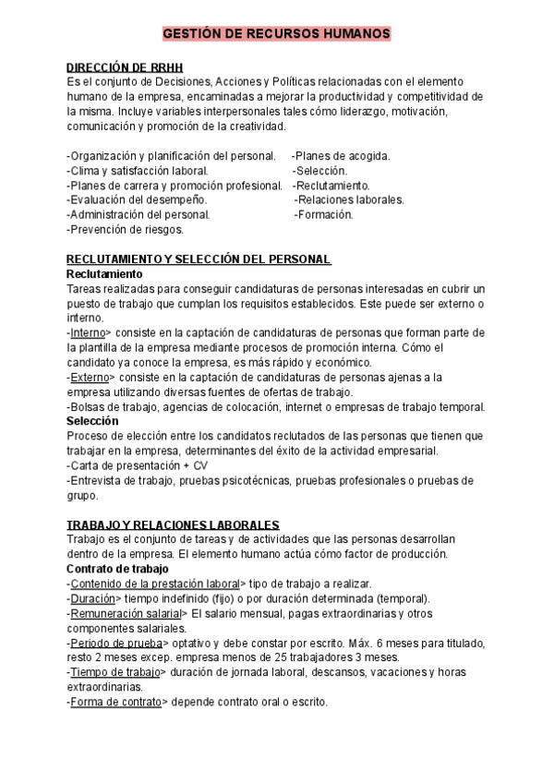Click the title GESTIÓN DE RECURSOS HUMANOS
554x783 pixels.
(x=276, y=34)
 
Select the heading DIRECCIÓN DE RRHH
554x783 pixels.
(x=126, y=67)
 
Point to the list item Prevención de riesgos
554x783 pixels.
(x=126, y=229)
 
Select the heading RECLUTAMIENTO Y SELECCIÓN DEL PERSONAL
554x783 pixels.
(x=199, y=259)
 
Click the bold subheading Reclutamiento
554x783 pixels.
(x=105, y=274)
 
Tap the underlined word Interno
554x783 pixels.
(x=89, y=332)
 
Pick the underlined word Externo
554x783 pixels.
(x=90, y=377)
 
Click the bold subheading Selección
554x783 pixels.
(x=92, y=421)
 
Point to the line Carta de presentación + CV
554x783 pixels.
(x=138, y=465)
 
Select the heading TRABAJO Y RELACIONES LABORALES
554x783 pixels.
(x=174, y=524)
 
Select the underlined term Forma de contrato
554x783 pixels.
(x=116, y=702)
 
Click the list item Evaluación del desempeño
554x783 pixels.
(x=138, y=199)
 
